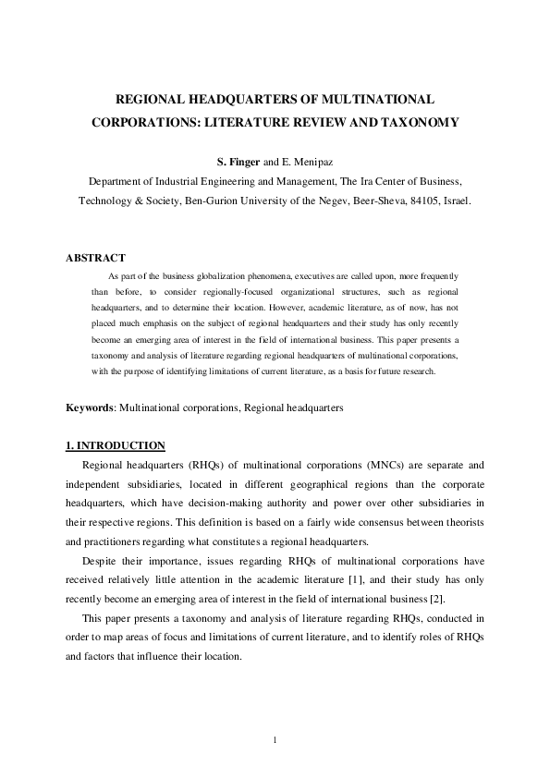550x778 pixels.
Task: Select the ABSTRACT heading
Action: point(95,258)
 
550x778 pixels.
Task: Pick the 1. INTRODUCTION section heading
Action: point(116,445)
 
